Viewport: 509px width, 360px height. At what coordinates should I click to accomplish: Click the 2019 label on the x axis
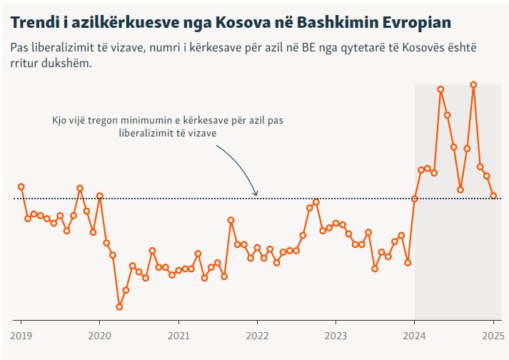[21, 334]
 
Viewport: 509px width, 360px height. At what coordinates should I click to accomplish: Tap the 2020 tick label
[99, 334]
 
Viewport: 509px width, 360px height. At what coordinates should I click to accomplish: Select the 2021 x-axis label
[178, 334]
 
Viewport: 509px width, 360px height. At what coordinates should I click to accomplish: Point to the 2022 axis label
[257, 334]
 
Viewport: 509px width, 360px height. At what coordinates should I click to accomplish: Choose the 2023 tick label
[336, 334]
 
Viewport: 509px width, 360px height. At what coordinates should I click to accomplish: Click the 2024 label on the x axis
[415, 334]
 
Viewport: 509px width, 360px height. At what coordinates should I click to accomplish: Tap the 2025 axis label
[493, 334]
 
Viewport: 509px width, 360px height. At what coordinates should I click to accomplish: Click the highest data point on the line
[473, 84]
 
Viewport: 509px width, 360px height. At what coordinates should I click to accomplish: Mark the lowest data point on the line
[119, 307]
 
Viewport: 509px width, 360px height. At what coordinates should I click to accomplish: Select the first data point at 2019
[21, 186]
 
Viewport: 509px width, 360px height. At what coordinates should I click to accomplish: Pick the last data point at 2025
[493, 196]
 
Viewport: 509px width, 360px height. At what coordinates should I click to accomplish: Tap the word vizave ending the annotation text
[203, 133]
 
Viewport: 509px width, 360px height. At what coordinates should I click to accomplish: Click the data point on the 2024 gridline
[415, 199]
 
